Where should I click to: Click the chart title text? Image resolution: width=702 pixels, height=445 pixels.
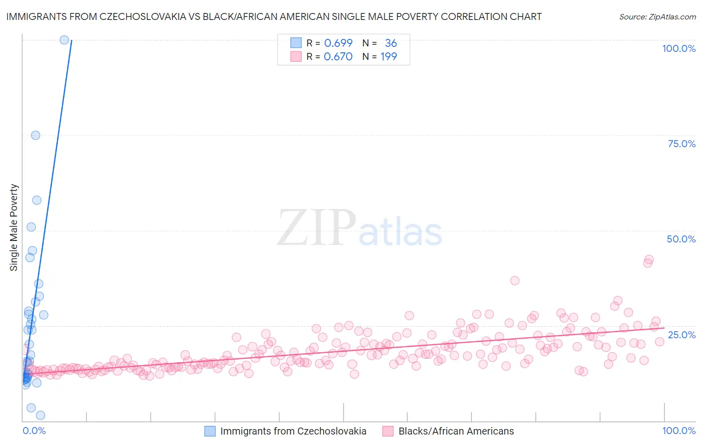coord(274,16)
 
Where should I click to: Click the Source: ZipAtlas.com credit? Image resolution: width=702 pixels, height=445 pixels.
coord(657,16)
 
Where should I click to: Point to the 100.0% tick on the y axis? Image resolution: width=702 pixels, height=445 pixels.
coord(679,48)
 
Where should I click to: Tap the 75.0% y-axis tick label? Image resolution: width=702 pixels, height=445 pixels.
coord(682,144)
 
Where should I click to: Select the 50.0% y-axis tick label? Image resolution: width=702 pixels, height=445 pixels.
coord(681,239)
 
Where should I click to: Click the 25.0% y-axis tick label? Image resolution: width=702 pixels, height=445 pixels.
coord(682,334)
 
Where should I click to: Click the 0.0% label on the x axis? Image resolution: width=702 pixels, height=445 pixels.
coord(34,431)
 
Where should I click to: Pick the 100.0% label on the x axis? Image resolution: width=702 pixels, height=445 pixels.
coord(679,431)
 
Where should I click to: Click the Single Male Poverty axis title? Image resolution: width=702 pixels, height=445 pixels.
coord(14,227)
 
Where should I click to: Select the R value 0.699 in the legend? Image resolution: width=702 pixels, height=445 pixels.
coord(338,43)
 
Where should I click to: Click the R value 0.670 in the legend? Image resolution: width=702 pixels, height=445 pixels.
coord(338,56)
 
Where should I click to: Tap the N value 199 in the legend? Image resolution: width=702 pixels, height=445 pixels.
coord(388,56)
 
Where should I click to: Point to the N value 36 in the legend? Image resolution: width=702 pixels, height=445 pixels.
coord(390,43)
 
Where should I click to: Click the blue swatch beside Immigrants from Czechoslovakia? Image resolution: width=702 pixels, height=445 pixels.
coord(210,431)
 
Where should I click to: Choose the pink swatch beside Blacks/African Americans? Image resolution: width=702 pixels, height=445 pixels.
coord(388,431)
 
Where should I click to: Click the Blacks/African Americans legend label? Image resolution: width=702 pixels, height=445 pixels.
coord(456,431)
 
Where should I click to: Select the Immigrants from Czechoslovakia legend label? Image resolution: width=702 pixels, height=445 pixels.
coord(293,431)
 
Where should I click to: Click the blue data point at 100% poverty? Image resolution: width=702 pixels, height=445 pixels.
coord(64,40)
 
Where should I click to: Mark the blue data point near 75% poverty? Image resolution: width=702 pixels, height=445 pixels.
coord(35,135)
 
